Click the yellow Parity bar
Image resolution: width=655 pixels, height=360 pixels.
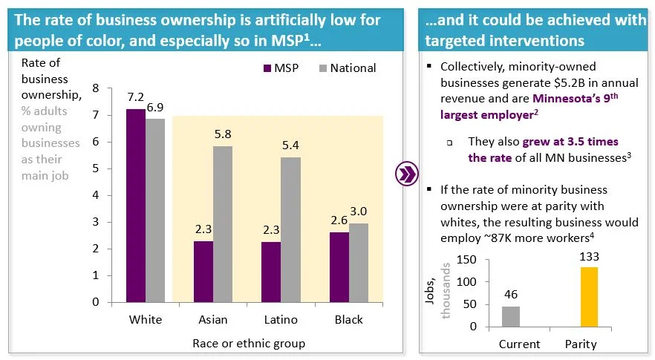[589, 297]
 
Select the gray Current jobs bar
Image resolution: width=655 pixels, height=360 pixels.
[511, 316]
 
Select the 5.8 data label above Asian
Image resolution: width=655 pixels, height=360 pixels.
[223, 134]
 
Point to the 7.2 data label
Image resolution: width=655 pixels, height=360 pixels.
[135, 98]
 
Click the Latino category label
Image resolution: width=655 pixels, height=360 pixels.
[281, 320]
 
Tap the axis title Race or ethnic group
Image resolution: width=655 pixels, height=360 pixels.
[249, 343]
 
